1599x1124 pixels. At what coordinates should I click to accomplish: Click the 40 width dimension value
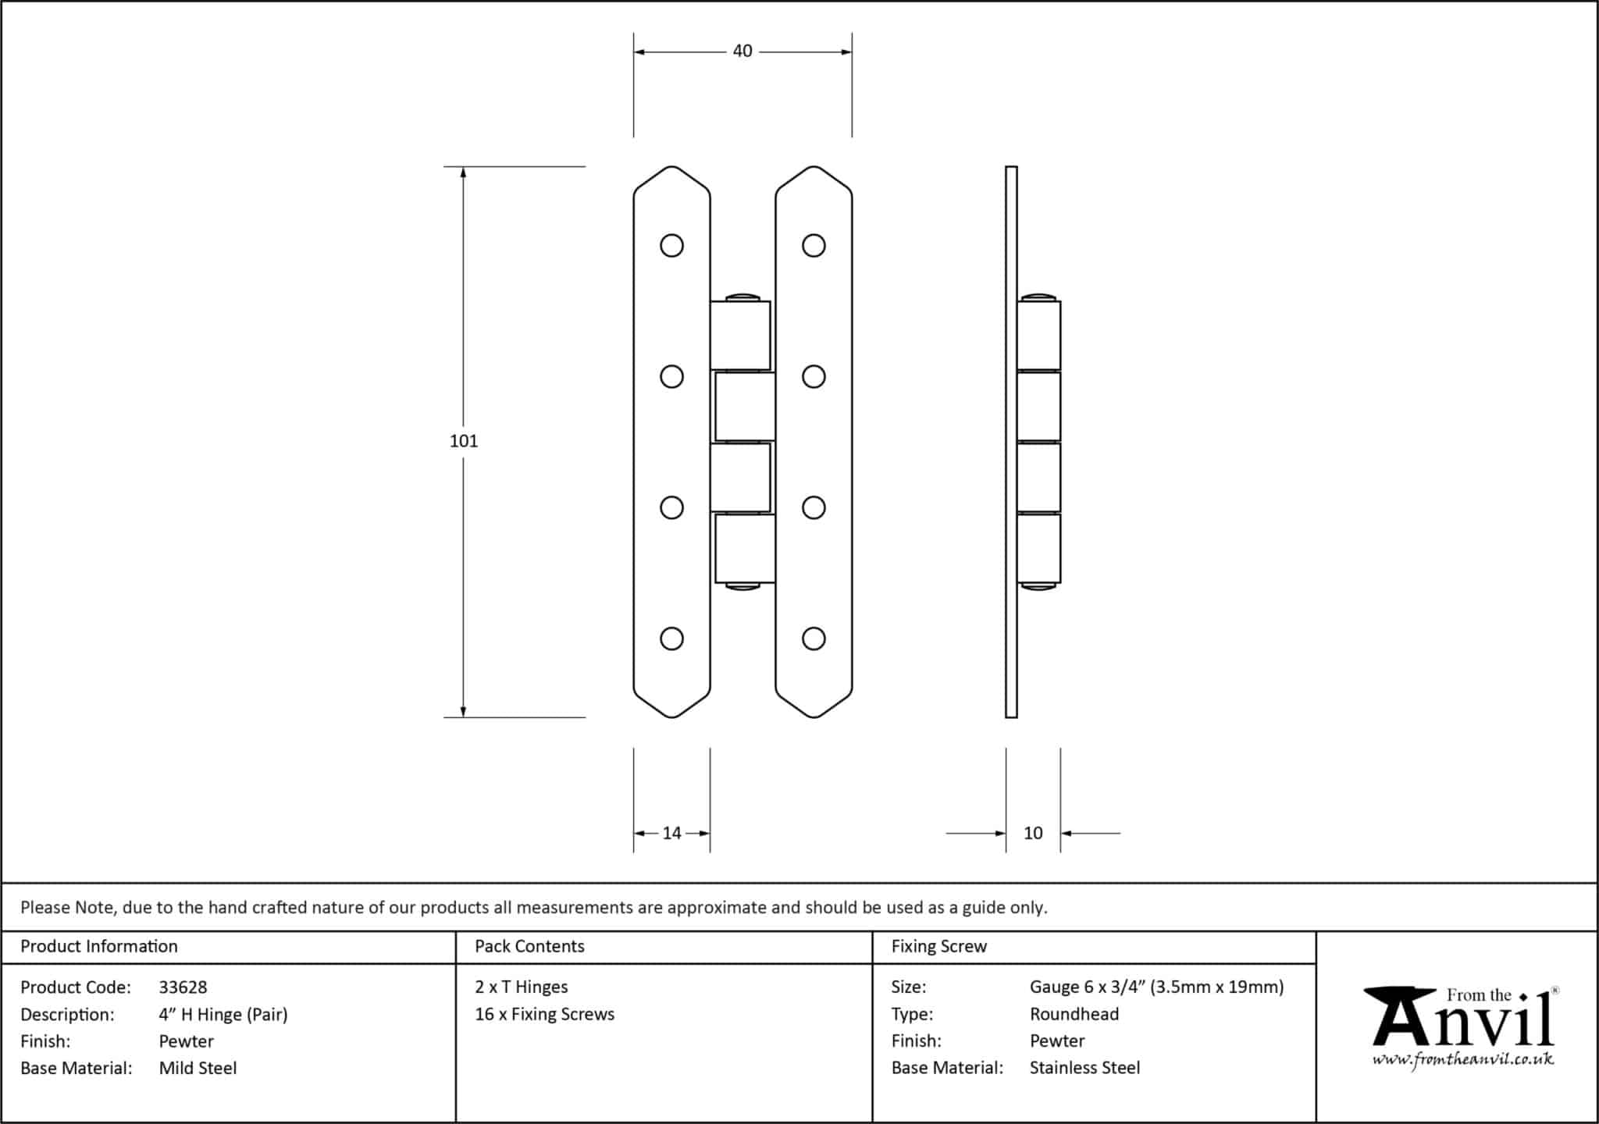click(x=742, y=52)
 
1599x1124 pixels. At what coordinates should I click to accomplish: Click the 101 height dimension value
click(x=463, y=441)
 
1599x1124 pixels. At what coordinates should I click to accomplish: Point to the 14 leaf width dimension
click(x=671, y=834)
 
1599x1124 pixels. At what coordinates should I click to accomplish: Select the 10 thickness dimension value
click(x=1032, y=834)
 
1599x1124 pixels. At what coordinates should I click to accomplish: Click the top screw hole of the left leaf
click(x=671, y=246)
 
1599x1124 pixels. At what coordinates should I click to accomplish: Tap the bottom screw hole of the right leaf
click(x=814, y=639)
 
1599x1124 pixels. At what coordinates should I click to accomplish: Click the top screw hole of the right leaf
click(x=814, y=246)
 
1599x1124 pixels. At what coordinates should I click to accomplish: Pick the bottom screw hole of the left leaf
click(x=671, y=639)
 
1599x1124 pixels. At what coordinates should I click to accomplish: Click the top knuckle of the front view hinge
click(x=740, y=335)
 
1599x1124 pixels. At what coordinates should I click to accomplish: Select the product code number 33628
click(x=183, y=987)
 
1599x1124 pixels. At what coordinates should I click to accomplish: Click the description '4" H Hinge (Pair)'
click(x=223, y=1015)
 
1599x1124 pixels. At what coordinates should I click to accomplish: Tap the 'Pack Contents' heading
click(x=529, y=947)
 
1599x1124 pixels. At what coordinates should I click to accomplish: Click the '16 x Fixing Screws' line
click(x=544, y=1015)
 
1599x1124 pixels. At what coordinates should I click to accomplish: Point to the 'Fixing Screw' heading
click(x=938, y=947)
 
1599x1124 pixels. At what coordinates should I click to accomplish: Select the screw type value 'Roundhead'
click(x=1074, y=1015)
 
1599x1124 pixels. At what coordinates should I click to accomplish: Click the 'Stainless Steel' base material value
click(x=1084, y=1068)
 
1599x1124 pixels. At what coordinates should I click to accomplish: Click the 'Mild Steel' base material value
click(x=198, y=1069)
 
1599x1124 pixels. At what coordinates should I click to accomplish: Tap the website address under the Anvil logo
click(x=1462, y=1060)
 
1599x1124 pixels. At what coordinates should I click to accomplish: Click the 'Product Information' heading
click(x=98, y=947)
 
